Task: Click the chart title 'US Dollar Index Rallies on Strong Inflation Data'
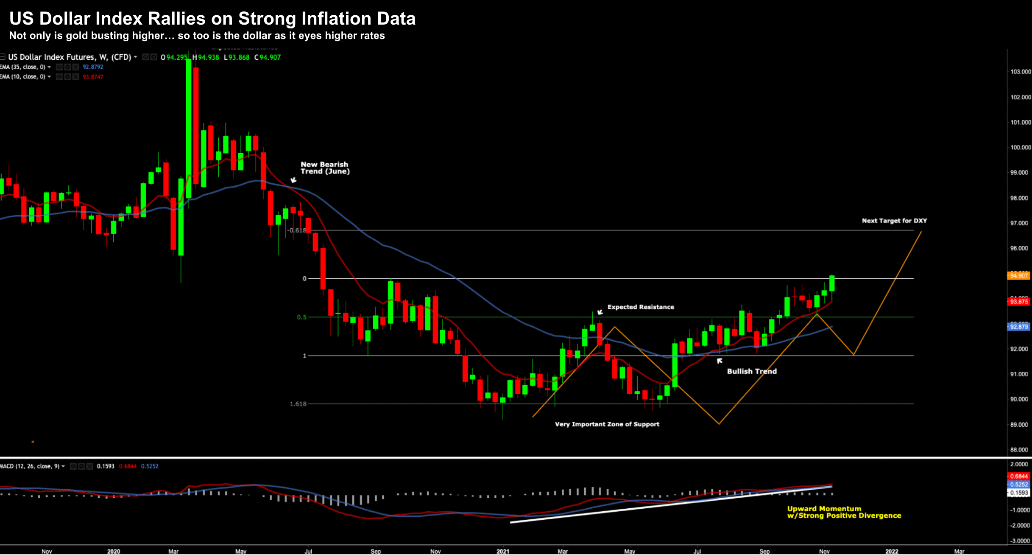click(x=212, y=19)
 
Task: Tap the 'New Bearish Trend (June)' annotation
click(x=325, y=168)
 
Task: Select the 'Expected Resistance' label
click(x=640, y=307)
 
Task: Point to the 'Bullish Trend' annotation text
click(x=751, y=371)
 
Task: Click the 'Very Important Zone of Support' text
click(x=607, y=424)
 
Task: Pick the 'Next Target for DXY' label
click(x=894, y=221)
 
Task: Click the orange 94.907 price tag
click(x=1018, y=276)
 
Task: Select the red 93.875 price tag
click(x=1018, y=302)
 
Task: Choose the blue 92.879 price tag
click(x=1018, y=327)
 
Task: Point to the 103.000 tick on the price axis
click(x=1020, y=72)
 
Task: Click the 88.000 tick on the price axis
click(x=1019, y=450)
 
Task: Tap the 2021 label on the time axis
click(x=502, y=551)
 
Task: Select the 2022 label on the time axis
click(x=891, y=551)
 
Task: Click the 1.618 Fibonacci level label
click(x=298, y=404)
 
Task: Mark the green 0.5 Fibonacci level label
click(x=301, y=317)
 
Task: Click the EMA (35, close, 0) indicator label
click(x=23, y=67)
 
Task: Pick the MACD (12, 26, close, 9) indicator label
click(x=30, y=466)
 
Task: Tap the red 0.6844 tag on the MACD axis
click(x=1018, y=476)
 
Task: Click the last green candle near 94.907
click(x=832, y=283)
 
